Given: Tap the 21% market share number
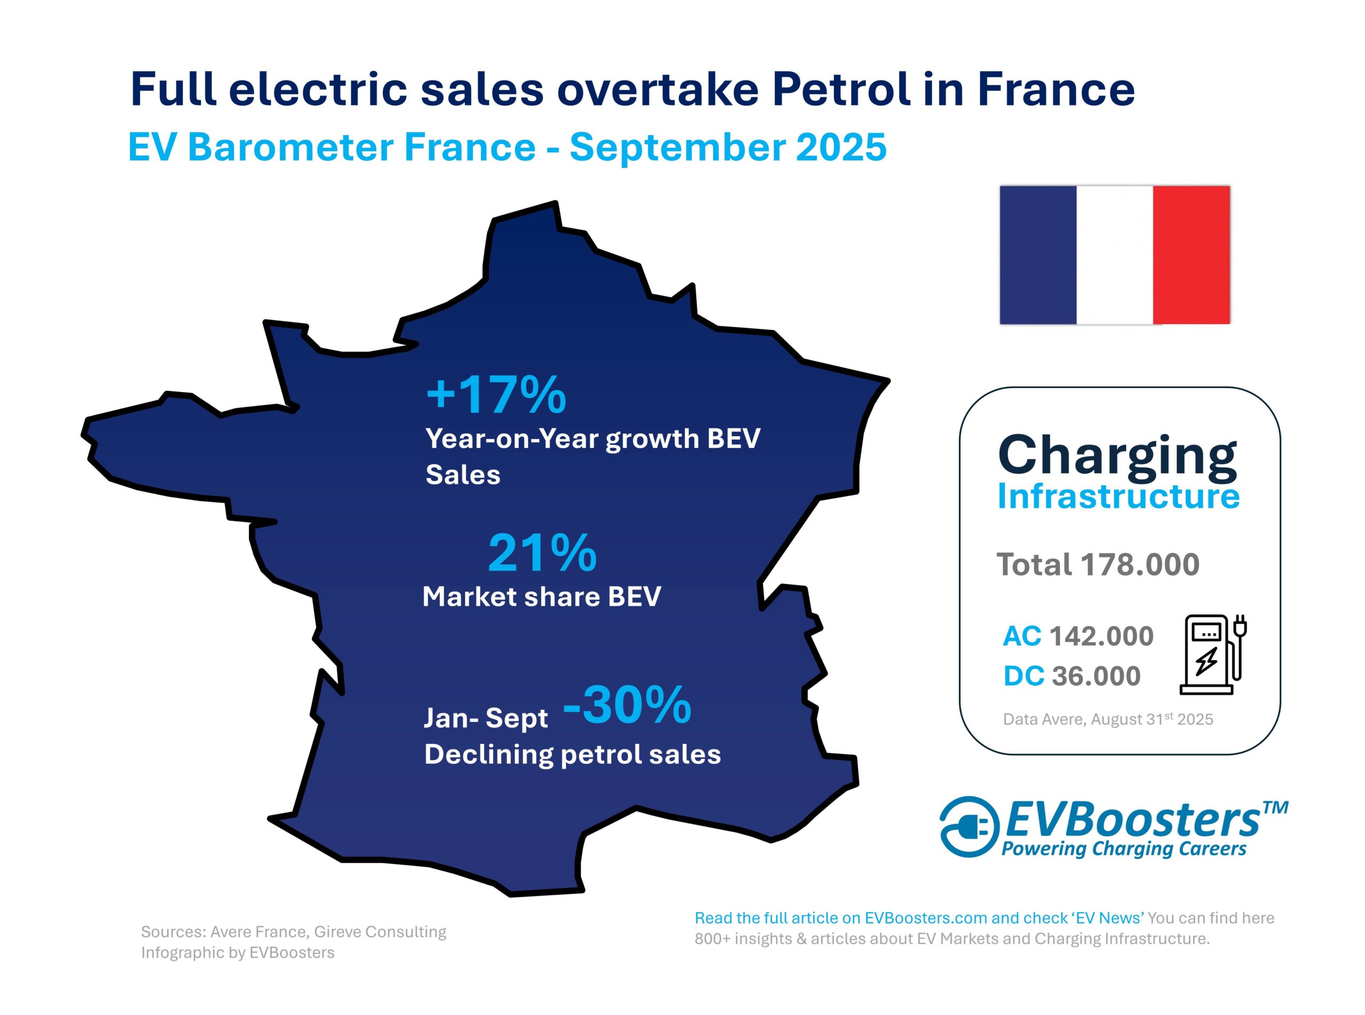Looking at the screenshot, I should tap(542, 553).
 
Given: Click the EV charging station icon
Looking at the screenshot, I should tap(1212, 654).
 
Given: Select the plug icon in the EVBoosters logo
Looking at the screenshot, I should tap(967, 826).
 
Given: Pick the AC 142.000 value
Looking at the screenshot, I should tap(1078, 636).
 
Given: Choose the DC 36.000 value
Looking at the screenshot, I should tap(1072, 676).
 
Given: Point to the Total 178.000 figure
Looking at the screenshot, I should tap(1097, 564).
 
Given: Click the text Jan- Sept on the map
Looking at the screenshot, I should tap(485, 718).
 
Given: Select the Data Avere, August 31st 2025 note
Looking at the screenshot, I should tap(1108, 719).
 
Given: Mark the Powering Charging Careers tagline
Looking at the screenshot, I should tap(1123, 849).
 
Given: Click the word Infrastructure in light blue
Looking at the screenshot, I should tap(1118, 497).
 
